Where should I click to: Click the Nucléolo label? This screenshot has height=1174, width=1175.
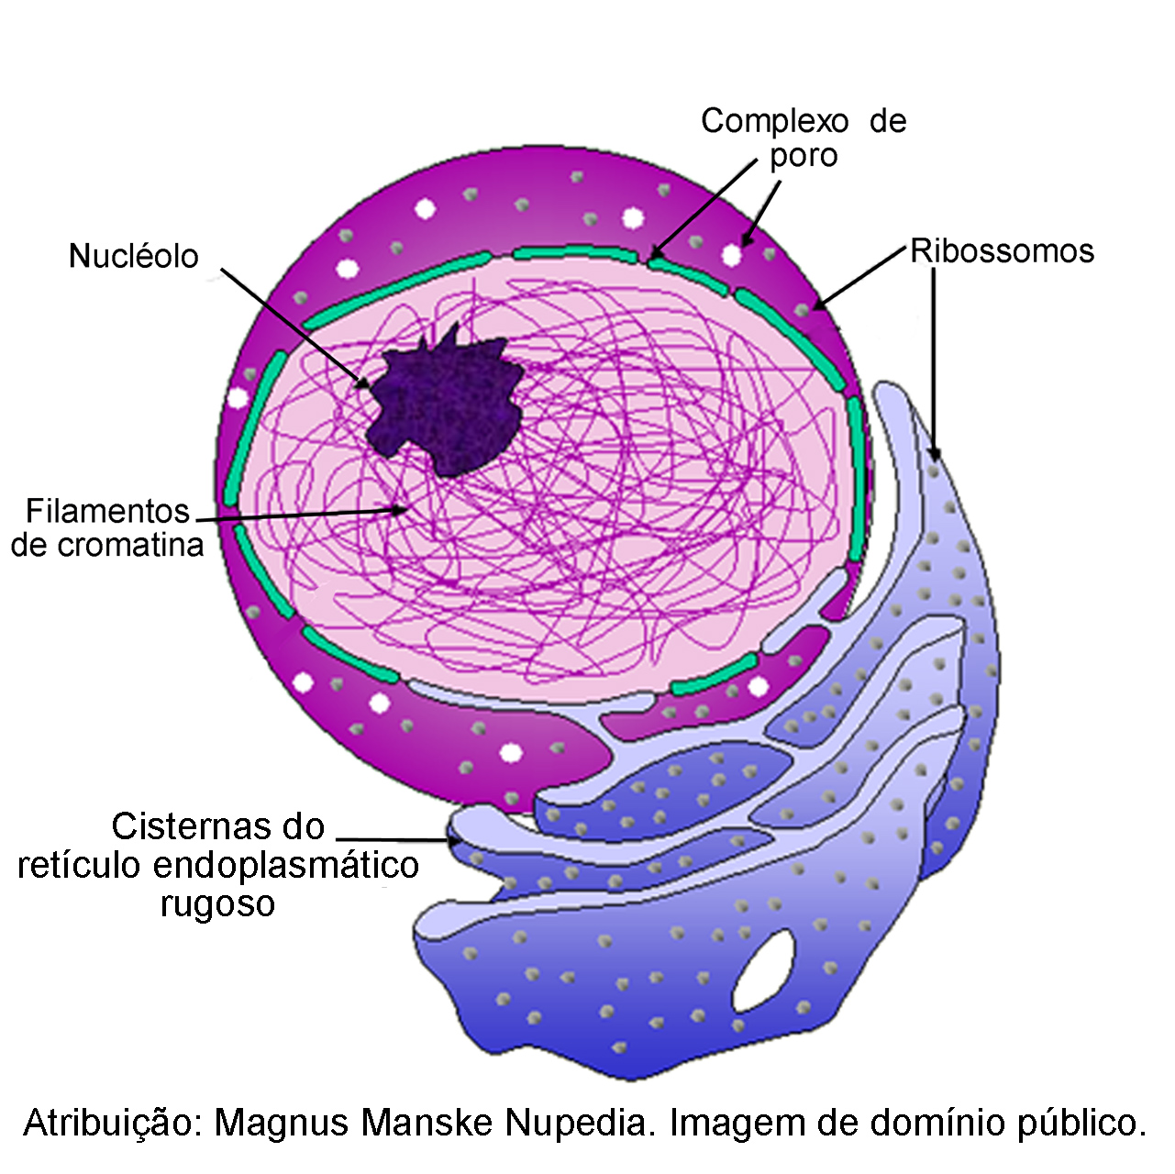134,256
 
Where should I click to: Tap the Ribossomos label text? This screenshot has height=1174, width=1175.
1002,251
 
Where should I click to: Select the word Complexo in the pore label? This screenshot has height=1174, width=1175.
774,122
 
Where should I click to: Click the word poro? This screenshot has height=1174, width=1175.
804,157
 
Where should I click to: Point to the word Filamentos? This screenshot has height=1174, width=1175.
107,511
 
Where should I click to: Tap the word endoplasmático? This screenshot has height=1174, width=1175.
286,866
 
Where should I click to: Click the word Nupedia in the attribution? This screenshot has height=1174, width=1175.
580,1123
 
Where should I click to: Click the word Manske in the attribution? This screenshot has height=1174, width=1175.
427,1123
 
